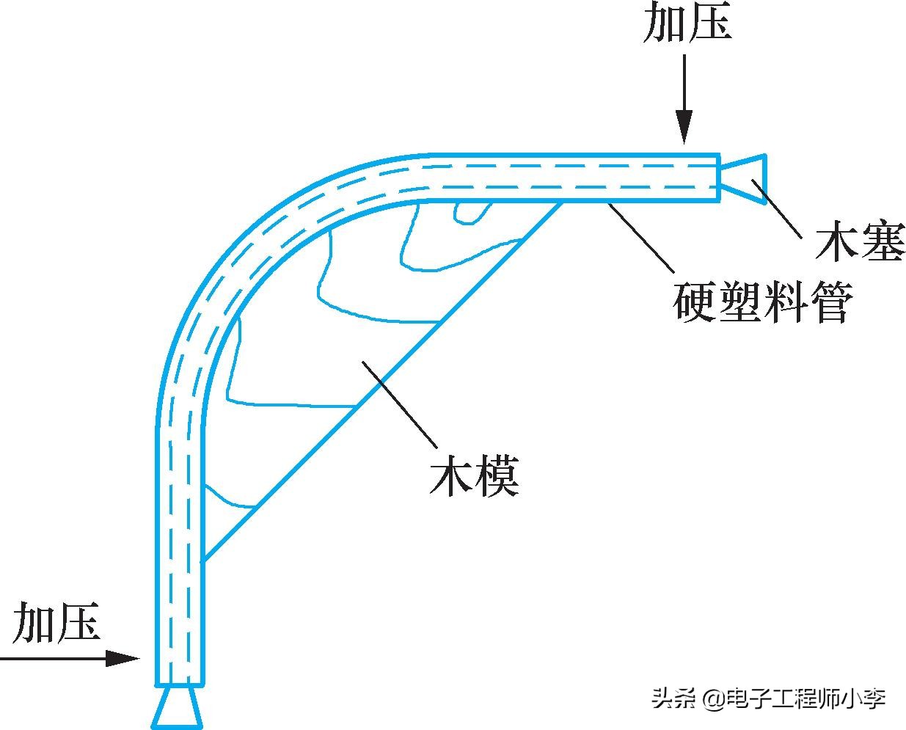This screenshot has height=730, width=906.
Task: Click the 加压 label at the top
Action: point(687,22)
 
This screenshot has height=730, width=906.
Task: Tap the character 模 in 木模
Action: point(497,477)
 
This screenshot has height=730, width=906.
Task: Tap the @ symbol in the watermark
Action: point(714,698)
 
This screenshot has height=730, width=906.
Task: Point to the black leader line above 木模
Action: point(400,404)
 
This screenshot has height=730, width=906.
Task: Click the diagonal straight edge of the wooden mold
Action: point(381,382)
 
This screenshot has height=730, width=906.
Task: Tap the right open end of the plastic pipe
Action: point(718,177)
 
